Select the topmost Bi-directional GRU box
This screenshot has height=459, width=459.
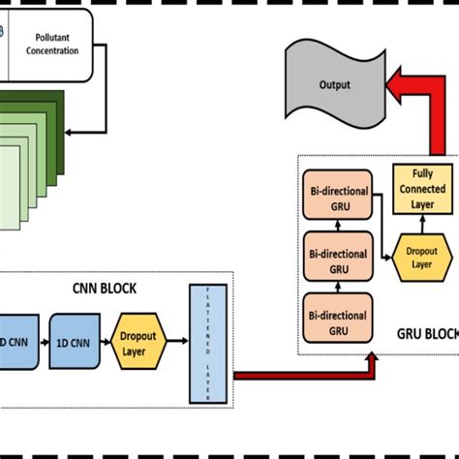click(x=336, y=198)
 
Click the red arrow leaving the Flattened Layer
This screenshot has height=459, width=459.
click(x=300, y=374)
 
